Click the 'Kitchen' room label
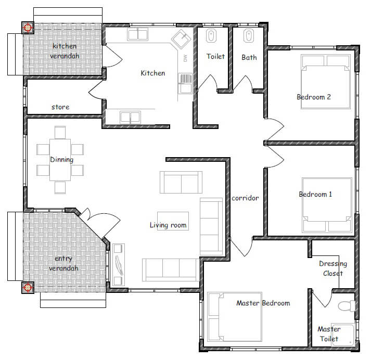pyautogui.click(x=153, y=73)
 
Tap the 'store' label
pyautogui.click(x=60, y=107)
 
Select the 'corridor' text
pyautogui.click(x=245, y=198)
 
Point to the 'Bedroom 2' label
pyautogui.click(x=314, y=97)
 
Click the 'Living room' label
pyautogui.click(x=168, y=225)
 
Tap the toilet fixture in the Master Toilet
pyautogui.click(x=347, y=306)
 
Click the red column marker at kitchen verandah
pyautogui.click(x=28, y=28)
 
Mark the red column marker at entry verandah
pyautogui.click(x=28, y=287)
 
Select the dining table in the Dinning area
pyautogui.click(x=60, y=160)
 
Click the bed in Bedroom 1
pyautogui.click(x=327, y=205)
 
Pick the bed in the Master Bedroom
pyautogui.click(x=235, y=317)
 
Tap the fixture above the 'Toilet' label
pyautogui.click(x=211, y=36)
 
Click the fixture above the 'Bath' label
pyautogui.click(x=248, y=36)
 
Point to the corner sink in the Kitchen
pyautogui.click(x=181, y=39)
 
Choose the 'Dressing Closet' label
pyautogui.click(x=333, y=268)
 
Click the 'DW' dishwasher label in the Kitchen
pyautogui.click(x=185, y=58)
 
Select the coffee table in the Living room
pyautogui.click(x=173, y=221)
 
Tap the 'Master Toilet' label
pyautogui.click(x=329, y=334)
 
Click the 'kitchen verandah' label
pyautogui.click(x=65, y=51)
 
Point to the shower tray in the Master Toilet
pyautogui.click(x=342, y=335)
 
